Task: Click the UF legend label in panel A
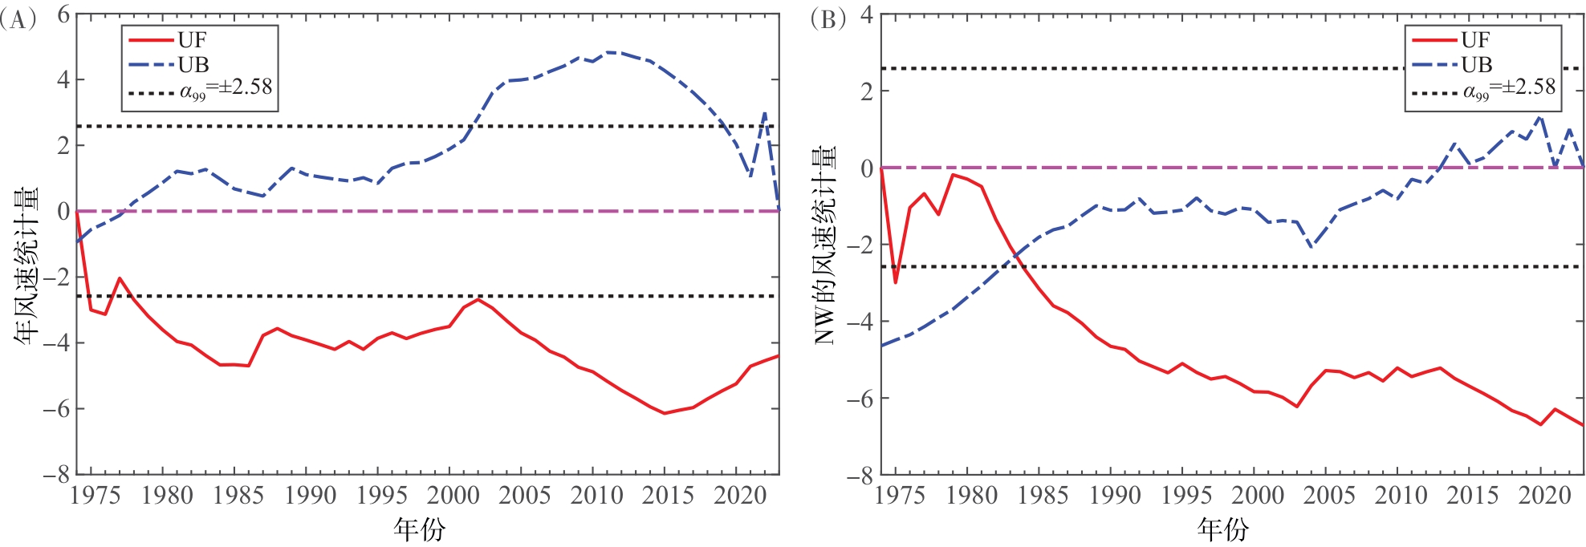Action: tap(193, 40)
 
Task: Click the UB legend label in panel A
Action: tap(193, 65)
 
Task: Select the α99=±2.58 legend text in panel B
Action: tap(1509, 88)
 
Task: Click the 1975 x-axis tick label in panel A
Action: tap(96, 496)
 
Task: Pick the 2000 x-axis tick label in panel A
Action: tap(453, 496)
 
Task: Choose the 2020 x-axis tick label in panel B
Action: tap(1544, 496)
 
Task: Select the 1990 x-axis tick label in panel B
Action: tap(1115, 496)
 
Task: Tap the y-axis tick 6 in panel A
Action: tap(63, 15)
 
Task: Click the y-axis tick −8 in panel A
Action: tap(56, 475)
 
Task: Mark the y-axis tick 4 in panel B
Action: tap(866, 15)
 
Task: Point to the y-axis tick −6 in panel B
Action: tap(860, 399)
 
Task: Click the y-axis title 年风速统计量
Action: tap(26, 265)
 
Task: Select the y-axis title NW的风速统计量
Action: tap(825, 245)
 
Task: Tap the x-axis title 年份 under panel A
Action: tap(419, 529)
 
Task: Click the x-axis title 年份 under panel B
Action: tap(1223, 529)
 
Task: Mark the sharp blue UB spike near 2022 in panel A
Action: tap(765, 113)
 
